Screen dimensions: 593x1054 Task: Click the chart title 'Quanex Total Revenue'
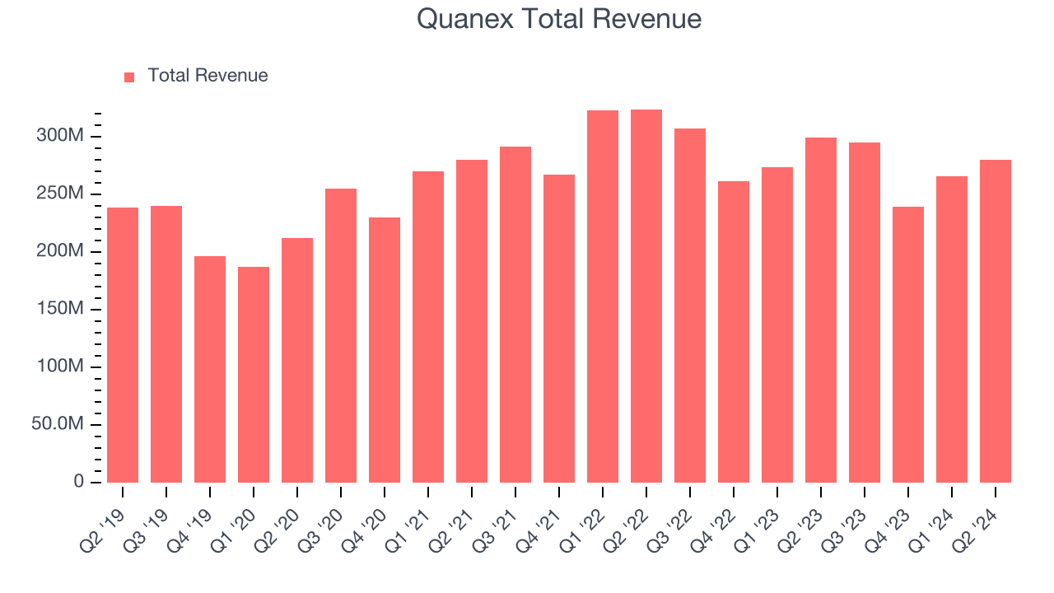click(x=558, y=19)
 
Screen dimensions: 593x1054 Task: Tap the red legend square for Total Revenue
click(x=129, y=77)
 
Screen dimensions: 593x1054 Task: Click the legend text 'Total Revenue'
click(x=208, y=76)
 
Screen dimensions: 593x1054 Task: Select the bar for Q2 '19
click(x=123, y=345)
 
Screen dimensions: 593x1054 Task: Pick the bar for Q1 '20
click(x=254, y=375)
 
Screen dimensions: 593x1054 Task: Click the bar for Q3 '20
click(x=341, y=335)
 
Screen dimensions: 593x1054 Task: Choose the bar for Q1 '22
click(x=603, y=296)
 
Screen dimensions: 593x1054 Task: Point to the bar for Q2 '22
click(x=646, y=296)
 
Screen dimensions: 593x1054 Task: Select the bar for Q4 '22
click(x=734, y=332)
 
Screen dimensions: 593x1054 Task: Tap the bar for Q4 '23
click(x=908, y=344)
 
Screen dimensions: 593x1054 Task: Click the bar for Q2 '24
click(x=996, y=321)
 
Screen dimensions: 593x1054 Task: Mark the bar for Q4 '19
click(x=210, y=369)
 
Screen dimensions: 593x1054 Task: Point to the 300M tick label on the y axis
click(x=60, y=136)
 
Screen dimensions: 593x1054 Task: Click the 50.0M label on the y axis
click(x=57, y=424)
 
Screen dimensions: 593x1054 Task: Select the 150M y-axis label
click(x=60, y=309)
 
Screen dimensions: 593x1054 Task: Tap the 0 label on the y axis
click(x=79, y=482)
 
